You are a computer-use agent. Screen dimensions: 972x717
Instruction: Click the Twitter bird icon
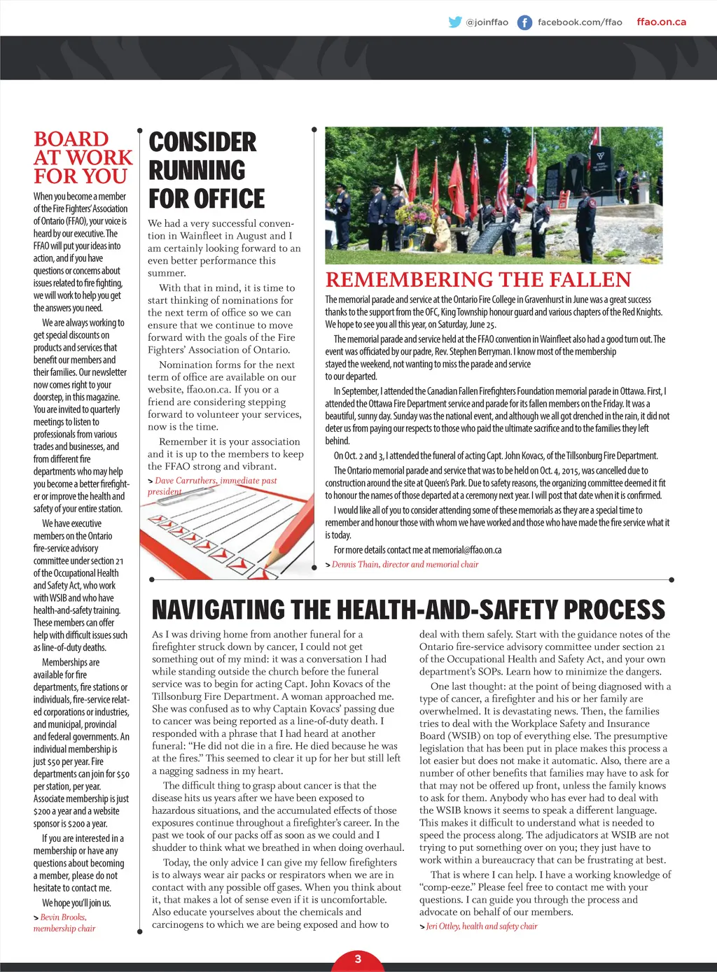point(455,22)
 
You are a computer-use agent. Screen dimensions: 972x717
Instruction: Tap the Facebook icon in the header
point(524,22)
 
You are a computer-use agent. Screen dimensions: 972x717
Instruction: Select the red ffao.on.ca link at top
point(661,22)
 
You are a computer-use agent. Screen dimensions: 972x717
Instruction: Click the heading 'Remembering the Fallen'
point(478,280)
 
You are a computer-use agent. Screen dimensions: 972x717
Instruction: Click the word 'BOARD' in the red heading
point(71,139)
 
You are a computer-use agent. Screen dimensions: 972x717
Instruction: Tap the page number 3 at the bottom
point(358,959)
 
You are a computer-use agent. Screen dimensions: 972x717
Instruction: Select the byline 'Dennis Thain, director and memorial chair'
point(405,564)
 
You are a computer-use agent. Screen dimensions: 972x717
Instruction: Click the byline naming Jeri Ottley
point(481,926)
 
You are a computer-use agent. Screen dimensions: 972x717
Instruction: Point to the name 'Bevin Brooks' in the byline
point(62,917)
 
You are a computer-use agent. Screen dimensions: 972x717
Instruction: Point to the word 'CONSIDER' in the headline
point(202,142)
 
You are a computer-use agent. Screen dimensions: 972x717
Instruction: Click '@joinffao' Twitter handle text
point(487,22)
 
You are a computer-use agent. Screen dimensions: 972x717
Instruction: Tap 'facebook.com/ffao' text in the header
point(579,22)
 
